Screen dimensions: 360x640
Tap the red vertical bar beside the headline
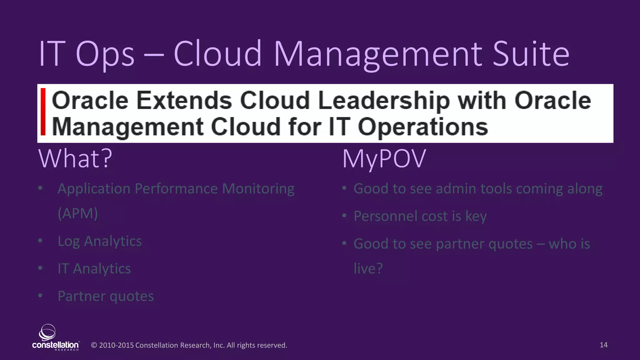[x=43, y=112]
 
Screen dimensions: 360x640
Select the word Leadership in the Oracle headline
[x=384, y=101]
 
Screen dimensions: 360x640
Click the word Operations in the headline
[x=422, y=127]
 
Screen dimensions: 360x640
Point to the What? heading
[x=75, y=158]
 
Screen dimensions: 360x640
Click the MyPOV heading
[x=384, y=159]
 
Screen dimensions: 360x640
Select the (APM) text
[x=78, y=213]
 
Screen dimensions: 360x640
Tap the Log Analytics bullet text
[x=100, y=241]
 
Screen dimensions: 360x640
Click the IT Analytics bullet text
[x=94, y=269]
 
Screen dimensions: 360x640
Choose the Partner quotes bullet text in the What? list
[x=106, y=296]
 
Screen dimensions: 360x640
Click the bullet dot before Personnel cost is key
[x=344, y=216]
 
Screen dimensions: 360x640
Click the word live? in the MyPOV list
[x=368, y=268]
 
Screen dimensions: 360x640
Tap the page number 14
[x=603, y=345]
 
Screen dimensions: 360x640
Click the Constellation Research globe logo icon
[x=47, y=332]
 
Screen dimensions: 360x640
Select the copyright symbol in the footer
[x=94, y=345]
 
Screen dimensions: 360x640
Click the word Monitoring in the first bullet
[x=258, y=189]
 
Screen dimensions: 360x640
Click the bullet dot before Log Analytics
[x=40, y=241]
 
